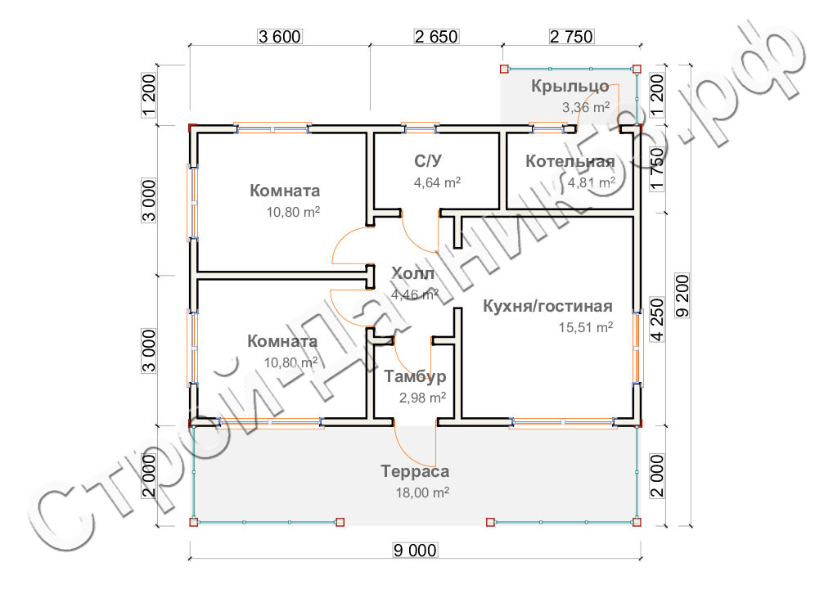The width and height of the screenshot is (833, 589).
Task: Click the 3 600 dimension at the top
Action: click(x=279, y=37)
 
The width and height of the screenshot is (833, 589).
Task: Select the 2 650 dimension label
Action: click(x=436, y=37)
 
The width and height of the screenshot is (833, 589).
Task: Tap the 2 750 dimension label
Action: click(x=572, y=37)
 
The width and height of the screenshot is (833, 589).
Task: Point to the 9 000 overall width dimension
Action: click(x=416, y=551)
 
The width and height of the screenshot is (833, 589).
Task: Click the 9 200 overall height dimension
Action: click(x=682, y=296)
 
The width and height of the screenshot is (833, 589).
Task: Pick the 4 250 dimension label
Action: click(x=657, y=319)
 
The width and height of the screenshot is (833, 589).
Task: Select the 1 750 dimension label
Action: click(x=657, y=169)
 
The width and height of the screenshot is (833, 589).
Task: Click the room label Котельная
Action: click(x=570, y=161)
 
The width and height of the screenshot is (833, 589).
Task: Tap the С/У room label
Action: click(x=428, y=161)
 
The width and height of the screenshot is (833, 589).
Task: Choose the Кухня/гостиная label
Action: click(x=547, y=306)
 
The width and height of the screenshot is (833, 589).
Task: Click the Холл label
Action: click(x=412, y=273)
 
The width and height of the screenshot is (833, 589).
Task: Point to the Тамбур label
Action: click(x=415, y=376)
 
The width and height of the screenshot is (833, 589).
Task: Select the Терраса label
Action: click(x=415, y=471)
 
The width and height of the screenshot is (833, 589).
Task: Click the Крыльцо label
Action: click(x=570, y=86)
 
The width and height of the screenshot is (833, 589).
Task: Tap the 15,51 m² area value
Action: click(x=586, y=327)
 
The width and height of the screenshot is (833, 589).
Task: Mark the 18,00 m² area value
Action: click(x=422, y=492)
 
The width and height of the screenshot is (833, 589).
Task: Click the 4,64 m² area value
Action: click(x=437, y=182)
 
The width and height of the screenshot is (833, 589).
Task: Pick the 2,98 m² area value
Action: click(x=422, y=398)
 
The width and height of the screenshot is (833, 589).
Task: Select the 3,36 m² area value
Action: click(x=586, y=107)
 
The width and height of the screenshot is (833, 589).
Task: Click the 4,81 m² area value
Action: click(x=592, y=182)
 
